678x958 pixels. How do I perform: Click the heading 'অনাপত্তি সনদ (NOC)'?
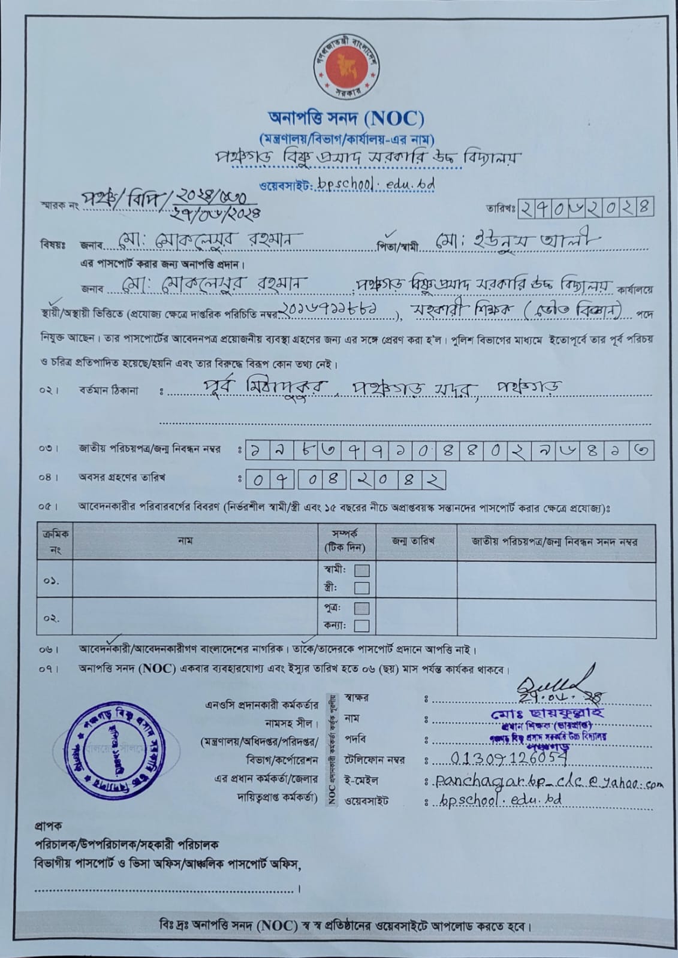346,119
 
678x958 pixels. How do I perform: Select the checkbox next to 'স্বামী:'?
361,570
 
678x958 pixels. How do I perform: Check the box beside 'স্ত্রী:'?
361,588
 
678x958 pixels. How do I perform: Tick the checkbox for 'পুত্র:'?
361,609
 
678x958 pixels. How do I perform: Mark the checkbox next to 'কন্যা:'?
361,626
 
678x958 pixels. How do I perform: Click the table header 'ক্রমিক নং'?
55,542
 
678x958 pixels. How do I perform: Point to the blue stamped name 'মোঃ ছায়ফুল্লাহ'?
547,713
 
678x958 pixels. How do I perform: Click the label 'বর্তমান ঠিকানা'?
108,391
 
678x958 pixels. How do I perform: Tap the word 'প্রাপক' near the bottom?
48,826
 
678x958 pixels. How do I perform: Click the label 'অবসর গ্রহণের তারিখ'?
122,478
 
